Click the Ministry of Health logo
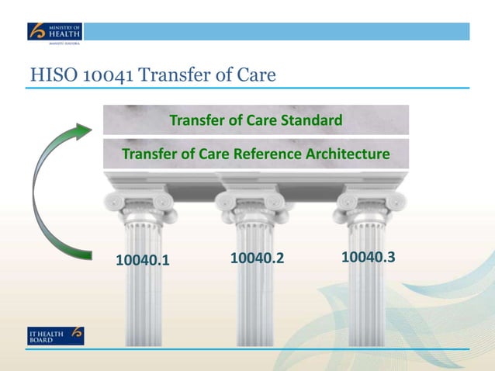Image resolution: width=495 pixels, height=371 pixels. coord(54,32)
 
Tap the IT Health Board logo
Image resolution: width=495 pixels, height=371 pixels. coord(54,336)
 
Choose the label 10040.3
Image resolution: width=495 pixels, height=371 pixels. coord(368,255)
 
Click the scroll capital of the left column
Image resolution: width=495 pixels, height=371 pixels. coord(140,201)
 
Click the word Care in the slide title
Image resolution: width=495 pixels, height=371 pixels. coord(254,76)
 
